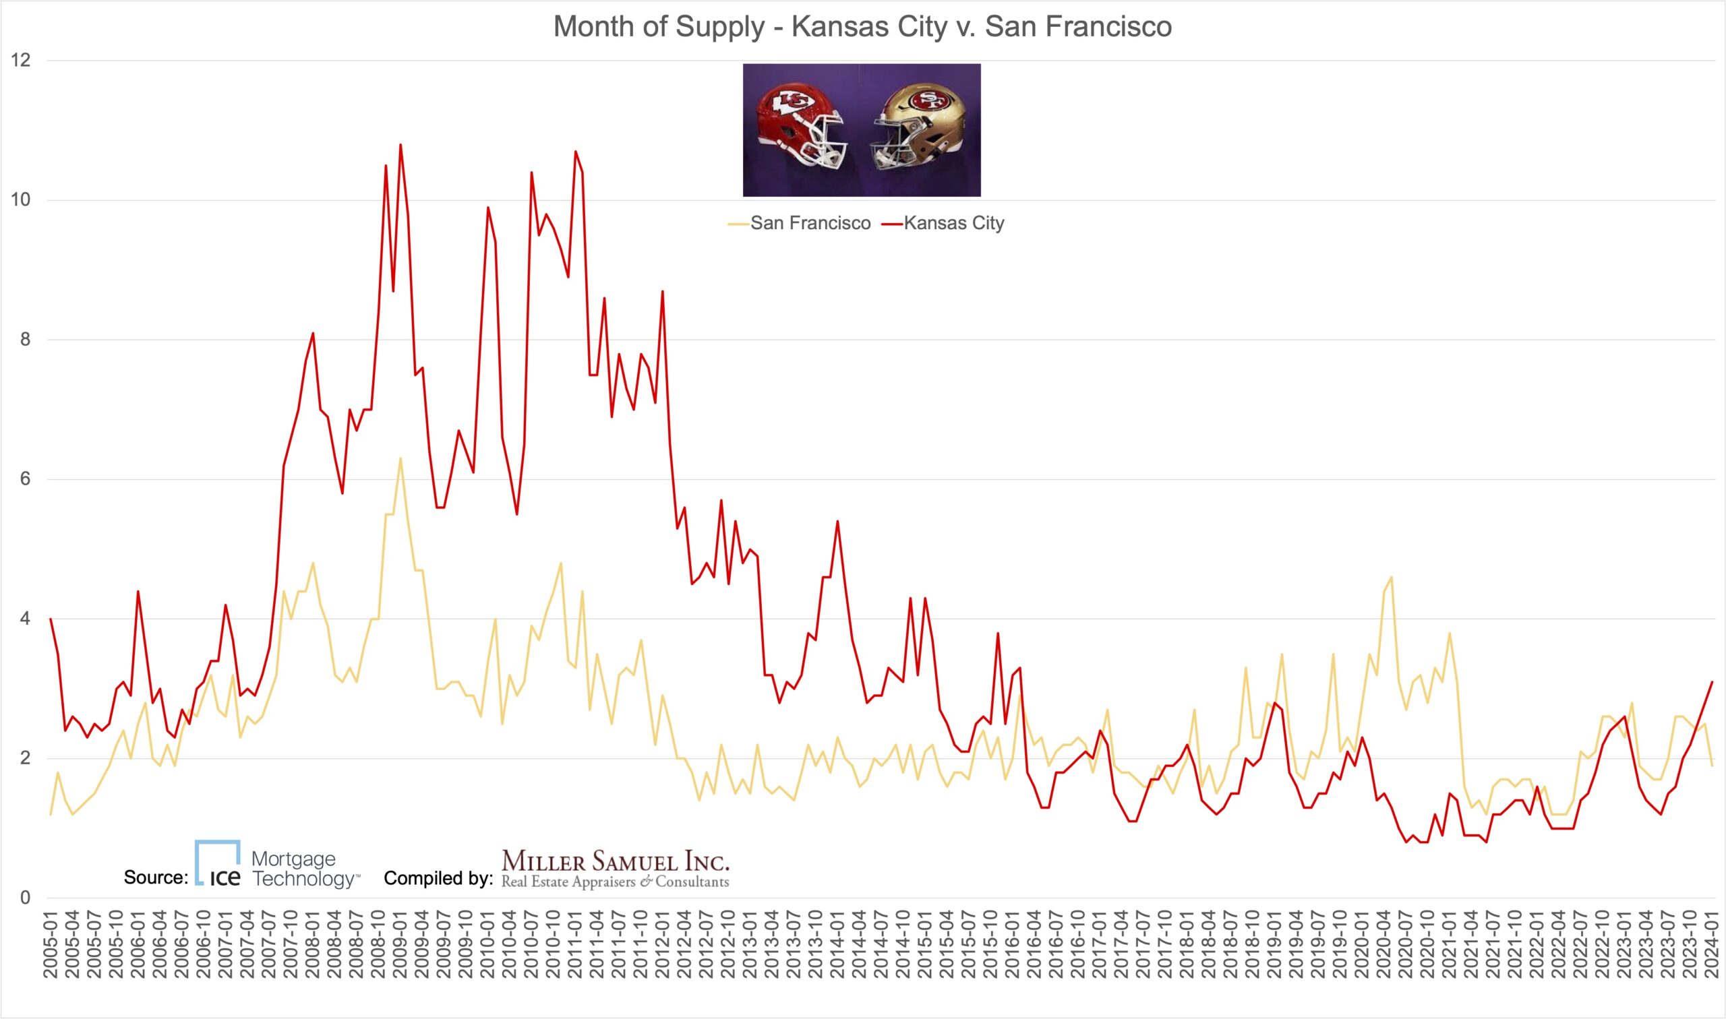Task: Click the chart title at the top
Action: point(862,28)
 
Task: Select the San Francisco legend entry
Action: point(810,223)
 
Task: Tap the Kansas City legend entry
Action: point(953,223)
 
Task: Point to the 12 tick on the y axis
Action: point(21,61)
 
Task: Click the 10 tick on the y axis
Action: point(21,201)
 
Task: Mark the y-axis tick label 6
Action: point(25,479)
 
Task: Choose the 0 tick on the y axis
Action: point(25,898)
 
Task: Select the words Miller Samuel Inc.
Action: point(616,861)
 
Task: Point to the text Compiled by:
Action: point(438,878)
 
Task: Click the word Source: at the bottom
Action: point(156,877)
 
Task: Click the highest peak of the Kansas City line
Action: point(400,145)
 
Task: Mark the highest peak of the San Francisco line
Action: point(400,458)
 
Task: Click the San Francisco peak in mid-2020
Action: point(1392,578)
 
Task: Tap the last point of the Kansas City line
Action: point(1713,682)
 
